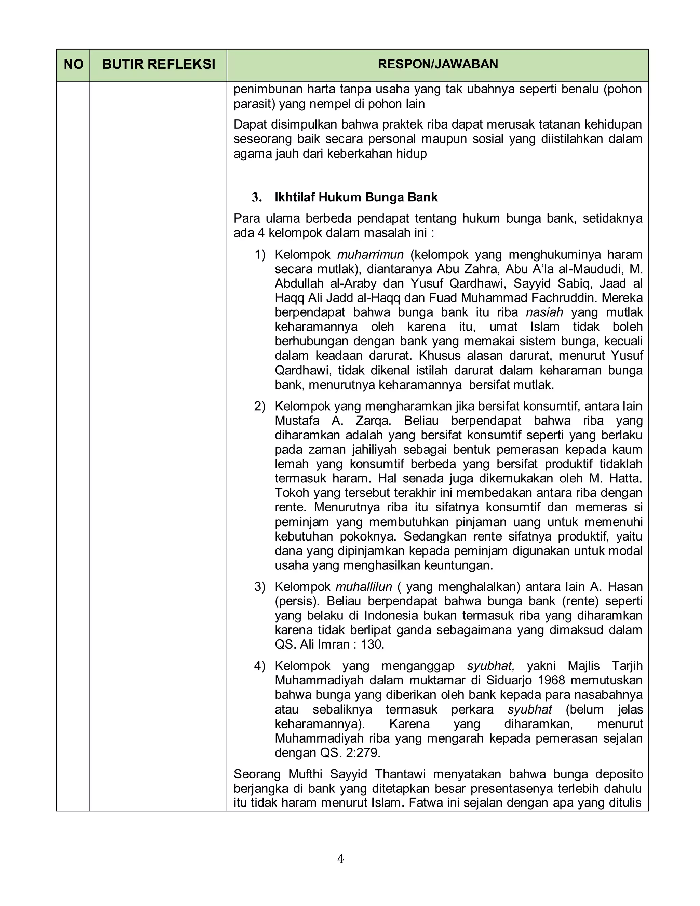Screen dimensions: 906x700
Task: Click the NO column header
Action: coord(73,64)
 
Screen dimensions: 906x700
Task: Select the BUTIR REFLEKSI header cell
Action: coord(158,64)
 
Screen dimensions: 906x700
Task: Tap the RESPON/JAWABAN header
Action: coord(437,64)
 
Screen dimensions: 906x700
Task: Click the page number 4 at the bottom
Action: coord(340,859)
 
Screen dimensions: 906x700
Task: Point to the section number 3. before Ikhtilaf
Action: coord(257,198)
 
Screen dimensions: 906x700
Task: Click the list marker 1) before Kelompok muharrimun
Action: coord(260,254)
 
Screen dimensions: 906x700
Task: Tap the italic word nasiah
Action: coord(544,312)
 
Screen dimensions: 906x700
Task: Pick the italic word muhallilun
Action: coord(363,587)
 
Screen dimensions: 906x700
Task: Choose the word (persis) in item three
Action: coord(296,601)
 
